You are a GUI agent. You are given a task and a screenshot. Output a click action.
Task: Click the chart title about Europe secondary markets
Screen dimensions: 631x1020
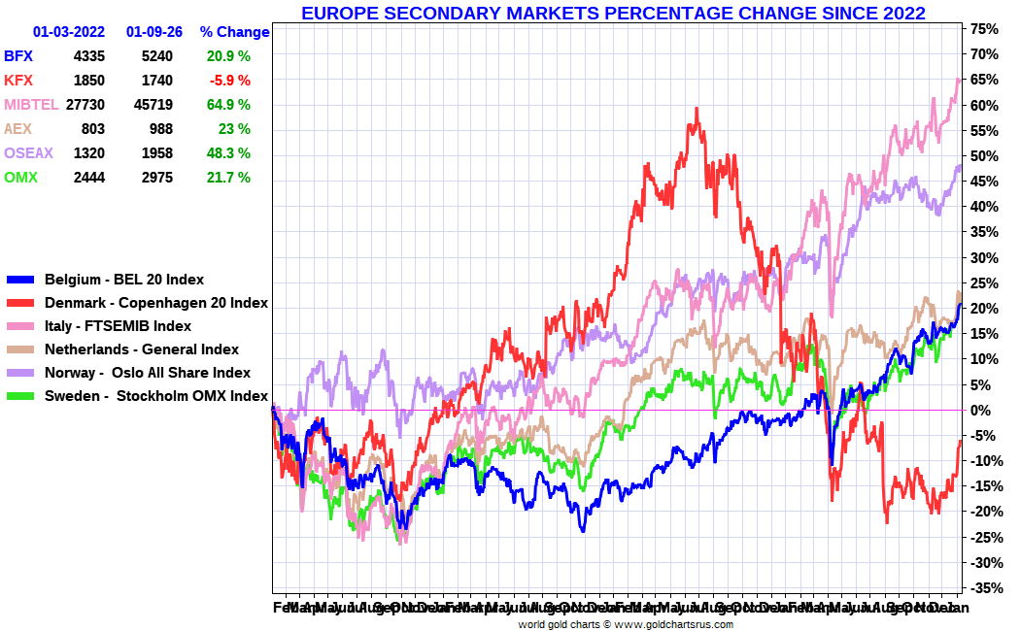tap(612, 13)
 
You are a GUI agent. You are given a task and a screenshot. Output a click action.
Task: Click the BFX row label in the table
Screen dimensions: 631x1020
tap(18, 56)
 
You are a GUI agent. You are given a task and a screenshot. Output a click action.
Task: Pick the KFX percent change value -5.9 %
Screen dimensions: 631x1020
tap(228, 81)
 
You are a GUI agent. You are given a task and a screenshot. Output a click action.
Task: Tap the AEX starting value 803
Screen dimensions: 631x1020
tap(92, 129)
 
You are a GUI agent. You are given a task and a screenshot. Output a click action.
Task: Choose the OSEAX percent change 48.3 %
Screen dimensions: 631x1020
tap(228, 153)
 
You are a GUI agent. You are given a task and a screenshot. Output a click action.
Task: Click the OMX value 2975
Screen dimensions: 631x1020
tap(155, 178)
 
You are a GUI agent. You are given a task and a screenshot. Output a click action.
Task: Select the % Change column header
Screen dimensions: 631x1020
tap(234, 32)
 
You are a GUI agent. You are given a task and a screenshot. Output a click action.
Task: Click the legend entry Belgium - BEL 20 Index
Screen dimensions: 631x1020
tap(124, 280)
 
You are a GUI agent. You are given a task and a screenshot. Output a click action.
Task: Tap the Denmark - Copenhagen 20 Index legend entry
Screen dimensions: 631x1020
tap(156, 303)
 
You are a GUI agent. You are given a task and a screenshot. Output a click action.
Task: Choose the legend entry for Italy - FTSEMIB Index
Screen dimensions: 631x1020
tap(118, 326)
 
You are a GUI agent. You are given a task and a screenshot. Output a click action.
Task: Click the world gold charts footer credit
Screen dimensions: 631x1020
tap(626, 624)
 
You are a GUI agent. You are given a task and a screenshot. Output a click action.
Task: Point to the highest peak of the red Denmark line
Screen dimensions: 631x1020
tap(697, 109)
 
